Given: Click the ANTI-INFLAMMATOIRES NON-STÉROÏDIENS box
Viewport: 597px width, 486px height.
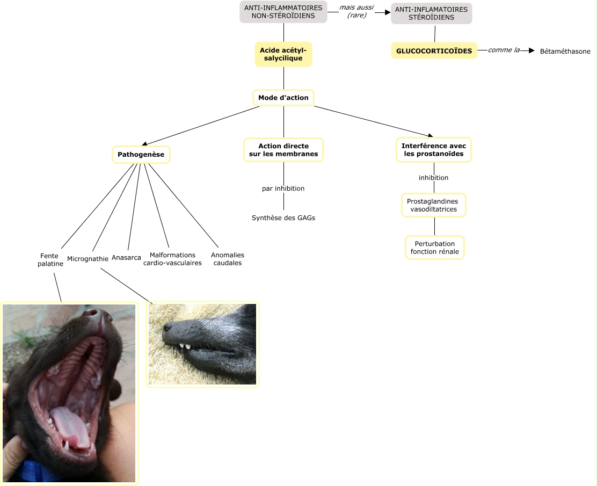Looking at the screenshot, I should tap(283, 12).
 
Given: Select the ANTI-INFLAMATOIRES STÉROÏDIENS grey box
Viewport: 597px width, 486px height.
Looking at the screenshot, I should tap(431, 13).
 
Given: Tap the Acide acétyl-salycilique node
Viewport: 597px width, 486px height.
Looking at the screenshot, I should tap(283, 54).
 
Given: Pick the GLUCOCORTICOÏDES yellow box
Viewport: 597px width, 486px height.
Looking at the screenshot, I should tap(434, 51).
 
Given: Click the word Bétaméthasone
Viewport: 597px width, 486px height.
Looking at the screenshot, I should tap(565, 52).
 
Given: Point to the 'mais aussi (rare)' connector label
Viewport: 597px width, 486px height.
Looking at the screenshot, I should tap(356, 11).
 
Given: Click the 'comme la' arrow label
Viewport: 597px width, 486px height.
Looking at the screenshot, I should tap(504, 50).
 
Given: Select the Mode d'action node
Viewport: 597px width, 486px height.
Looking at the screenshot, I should tap(283, 98).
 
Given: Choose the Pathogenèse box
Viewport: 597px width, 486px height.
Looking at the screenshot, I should tap(141, 155).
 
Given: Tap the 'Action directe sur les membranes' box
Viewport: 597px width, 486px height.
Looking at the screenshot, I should tap(283, 150).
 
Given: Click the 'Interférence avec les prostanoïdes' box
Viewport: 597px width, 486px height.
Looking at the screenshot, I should tap(434, 150).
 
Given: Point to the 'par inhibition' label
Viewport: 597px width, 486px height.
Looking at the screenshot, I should tap(283, 188).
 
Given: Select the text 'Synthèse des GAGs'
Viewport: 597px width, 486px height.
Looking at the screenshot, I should tap(283, 217).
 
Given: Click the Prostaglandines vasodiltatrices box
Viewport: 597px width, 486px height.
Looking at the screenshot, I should tap(434, 205).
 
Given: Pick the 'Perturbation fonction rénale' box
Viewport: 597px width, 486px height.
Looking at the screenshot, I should tap(434, 248).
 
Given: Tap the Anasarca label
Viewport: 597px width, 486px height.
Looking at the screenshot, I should tap(126, 258).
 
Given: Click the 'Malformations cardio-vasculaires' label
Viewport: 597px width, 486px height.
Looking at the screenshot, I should tap(172, 259).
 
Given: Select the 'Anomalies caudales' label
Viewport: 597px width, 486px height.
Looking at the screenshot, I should tap(227, 259).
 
